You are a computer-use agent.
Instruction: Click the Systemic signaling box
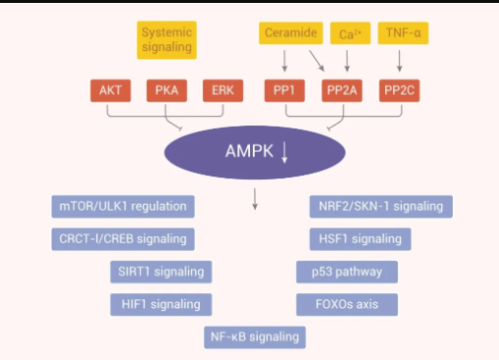[x=166, y=40]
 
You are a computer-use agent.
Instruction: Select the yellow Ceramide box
[x=290, y=34]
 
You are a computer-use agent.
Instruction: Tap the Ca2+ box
[x=349, y=34]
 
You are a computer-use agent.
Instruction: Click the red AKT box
[x=109, y=91]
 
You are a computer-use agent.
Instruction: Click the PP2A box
[x=342, y=91]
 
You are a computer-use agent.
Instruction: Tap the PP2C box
[x=400, y=91]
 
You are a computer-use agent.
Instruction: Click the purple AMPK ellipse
[x=254, y=152]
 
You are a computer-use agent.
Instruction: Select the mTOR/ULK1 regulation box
[x=123, y=207]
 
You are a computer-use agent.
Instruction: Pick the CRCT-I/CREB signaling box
[x=123, y=238]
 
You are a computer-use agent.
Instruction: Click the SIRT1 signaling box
[x=160, y=272]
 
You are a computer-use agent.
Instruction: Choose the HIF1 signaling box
[x=160, y=304]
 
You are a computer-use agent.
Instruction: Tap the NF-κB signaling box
[x=254, y=337]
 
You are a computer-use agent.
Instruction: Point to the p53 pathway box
[x=346, y=272]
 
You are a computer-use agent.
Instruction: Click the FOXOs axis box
[x=346, y=304]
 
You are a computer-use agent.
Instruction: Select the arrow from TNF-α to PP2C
[x=400, y=61]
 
